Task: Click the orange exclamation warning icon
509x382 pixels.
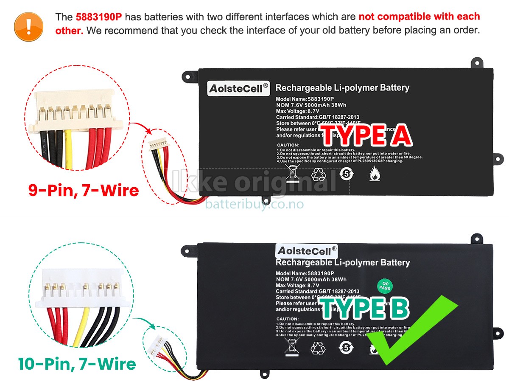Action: coord(28,26)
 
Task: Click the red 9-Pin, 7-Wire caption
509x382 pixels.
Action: coord(84,190)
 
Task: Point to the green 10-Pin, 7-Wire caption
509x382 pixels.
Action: coord(77,364)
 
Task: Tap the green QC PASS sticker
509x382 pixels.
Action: coord(385,286)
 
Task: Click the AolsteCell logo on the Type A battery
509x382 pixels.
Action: coord(238,88)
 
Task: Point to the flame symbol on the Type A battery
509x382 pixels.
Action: coord(374,174)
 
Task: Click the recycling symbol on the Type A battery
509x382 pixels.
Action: coord(318,174)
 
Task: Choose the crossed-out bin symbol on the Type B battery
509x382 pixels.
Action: coord(292,347)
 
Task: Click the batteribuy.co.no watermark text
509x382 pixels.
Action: coord(254,204)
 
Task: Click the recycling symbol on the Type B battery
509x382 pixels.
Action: coord(318,348)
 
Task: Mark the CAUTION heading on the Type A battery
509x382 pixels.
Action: coord(288,145)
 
